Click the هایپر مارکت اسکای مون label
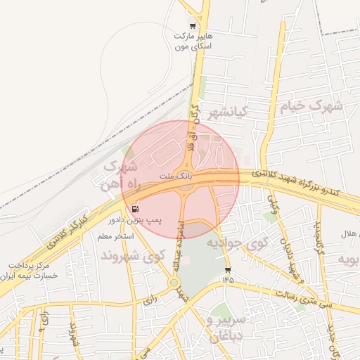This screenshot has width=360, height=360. click(193, 40)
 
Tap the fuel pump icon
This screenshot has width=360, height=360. click(134, 208)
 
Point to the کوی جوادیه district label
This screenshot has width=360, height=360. click(237, 244)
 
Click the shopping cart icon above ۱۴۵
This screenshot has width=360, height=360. click(227, 270)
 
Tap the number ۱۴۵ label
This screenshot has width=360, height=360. click(227, 281)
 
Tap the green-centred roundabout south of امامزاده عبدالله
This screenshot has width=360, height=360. click(173, 283)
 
